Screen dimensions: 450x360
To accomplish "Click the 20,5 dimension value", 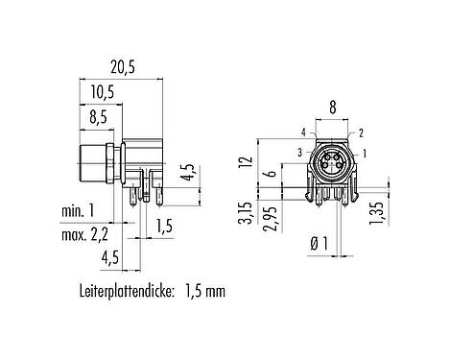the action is [122, 68].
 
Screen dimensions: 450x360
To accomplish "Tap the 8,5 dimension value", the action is [98, 118].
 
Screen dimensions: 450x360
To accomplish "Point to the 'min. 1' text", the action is [78, 211].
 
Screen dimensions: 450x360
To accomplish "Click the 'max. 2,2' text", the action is [84, 235].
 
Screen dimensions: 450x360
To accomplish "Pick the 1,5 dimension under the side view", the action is [164, 226].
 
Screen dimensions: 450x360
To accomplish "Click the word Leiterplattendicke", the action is [127, 292].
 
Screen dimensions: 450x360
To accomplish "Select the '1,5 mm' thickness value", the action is [205, 292].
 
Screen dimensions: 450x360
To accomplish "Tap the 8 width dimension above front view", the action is [333, 108].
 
